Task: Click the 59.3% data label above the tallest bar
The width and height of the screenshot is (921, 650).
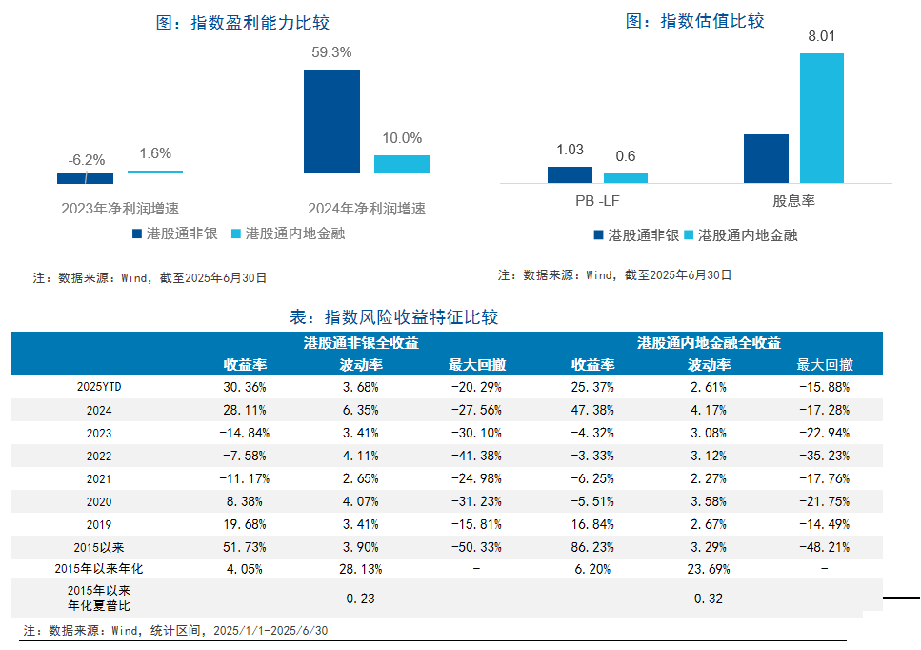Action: [331, 52]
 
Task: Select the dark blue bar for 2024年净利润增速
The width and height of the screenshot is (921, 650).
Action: [331, 121]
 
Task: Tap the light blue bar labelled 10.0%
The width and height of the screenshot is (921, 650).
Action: [402, 164]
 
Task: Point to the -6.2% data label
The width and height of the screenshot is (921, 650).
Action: [87, 160]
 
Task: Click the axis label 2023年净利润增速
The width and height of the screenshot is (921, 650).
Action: [120, 208]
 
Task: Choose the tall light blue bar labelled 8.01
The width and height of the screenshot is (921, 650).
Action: [821, 117]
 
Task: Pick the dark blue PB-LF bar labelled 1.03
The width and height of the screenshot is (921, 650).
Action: [570, 174]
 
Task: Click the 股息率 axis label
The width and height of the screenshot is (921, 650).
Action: [793, 202]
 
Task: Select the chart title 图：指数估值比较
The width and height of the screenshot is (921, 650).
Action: [694, 21]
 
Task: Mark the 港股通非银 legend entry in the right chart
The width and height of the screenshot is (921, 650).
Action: [635, 234]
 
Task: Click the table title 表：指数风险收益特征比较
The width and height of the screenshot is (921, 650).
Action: [393, 317]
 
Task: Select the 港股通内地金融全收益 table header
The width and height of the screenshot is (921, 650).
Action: [709, 343]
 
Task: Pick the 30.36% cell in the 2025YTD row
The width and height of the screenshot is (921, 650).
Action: [244, 387]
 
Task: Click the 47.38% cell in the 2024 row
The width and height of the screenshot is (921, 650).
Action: [592, 410]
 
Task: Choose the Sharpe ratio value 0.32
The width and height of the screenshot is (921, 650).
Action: [709, 598]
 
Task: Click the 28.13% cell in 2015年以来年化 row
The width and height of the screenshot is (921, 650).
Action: [361, 569]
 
